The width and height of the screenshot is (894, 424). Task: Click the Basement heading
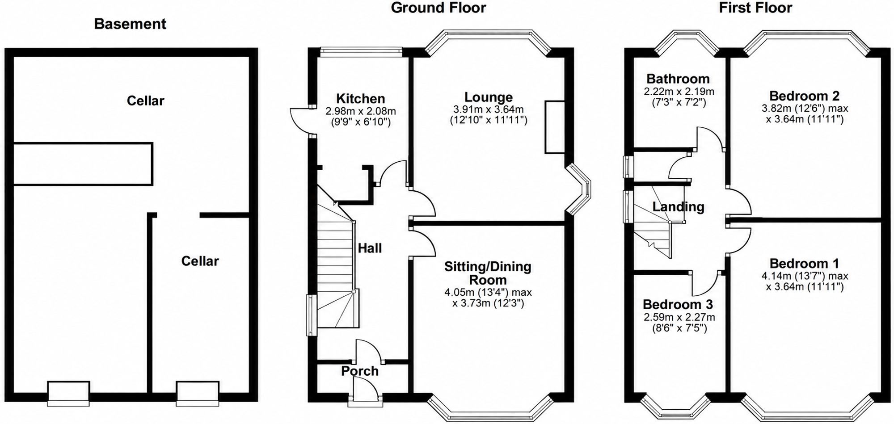[x=130, y=24]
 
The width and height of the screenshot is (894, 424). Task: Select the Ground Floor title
[x=438, y=8]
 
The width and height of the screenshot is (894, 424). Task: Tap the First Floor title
[x=755, y=8]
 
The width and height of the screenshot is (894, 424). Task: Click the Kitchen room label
[x=360, y=98]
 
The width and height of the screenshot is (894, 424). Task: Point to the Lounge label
[x=489, y=97]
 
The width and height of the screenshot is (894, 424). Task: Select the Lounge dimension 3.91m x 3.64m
[x=489, y=109]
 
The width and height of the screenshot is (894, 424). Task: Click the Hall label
[x=370, y=248]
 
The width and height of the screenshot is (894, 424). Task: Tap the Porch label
[x=360, y=371]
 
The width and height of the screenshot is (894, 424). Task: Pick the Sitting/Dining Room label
[x=488, y=273]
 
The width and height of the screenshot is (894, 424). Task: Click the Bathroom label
[x=678, y=79]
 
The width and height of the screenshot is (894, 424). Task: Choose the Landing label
[x=678, y=207]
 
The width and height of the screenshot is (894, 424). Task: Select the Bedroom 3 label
[x=678, y=304]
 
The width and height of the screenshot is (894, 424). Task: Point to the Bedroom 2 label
[x=805, y=96]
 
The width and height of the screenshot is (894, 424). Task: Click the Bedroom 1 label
[x=805, y=263]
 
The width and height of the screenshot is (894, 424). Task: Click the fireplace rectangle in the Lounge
[x=554, y=127]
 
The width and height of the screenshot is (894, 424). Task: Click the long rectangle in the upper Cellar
[x=83, y=164]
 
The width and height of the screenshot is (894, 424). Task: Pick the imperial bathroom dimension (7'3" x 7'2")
[x=678, y=102]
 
